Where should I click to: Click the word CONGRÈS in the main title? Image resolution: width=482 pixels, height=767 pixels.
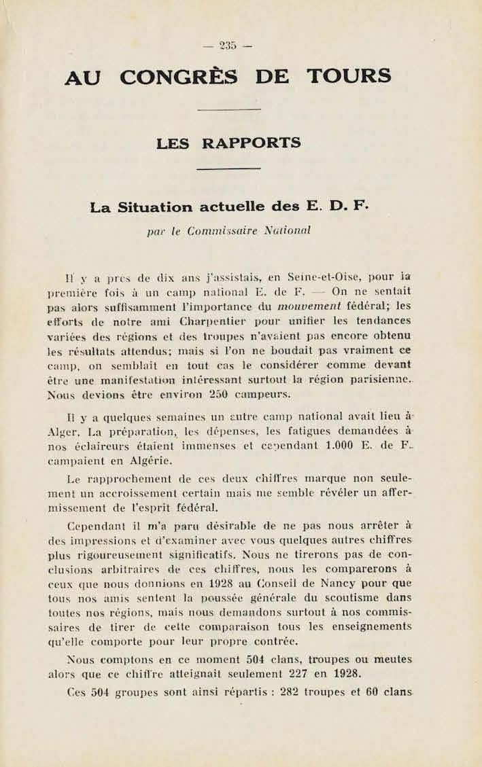[179, 76]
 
